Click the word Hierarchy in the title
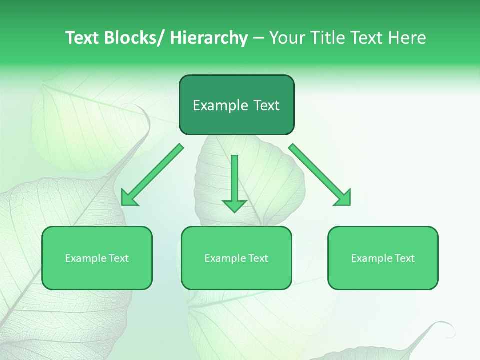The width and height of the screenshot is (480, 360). tap(209, 38)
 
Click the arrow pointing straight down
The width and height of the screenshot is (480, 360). tap(234, 180)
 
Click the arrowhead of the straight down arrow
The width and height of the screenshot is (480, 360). tap(234, 205)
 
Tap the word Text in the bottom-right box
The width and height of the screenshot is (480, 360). tap(405, 258)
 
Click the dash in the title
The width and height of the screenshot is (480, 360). tap(258, 38)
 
